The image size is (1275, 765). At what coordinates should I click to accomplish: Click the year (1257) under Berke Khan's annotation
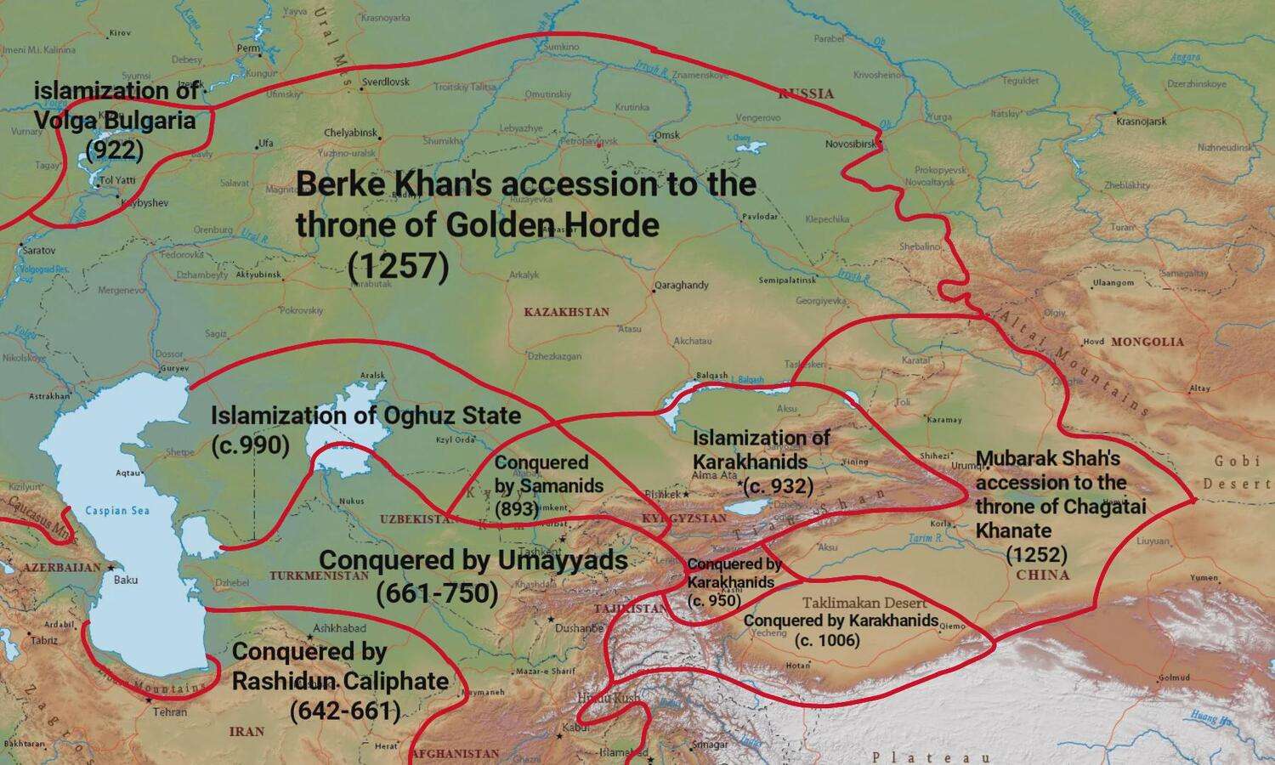tap(398, 267)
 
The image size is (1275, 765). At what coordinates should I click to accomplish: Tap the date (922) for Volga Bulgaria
tap(115, 150)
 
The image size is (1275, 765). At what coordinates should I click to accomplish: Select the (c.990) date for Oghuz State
tap(250, 445)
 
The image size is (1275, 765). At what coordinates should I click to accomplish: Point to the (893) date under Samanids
tap(517, 509)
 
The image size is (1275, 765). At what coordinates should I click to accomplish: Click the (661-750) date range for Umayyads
tap(437, 592)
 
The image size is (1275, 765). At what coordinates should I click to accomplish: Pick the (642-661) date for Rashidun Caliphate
tap(345, 711)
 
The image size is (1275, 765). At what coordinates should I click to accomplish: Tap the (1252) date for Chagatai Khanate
tap(1036, 555)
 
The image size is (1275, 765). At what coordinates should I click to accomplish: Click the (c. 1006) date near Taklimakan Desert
tap(827, 640)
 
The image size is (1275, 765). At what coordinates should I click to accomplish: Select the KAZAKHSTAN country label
tap(567, 312)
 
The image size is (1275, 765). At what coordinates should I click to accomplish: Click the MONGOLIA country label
tap(1147, 342)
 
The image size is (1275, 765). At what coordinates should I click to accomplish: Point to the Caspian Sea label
tap(117, 511)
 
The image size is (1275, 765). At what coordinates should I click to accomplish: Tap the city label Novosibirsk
tap(850, 144)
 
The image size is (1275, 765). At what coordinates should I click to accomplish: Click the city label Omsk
tap(667, 135)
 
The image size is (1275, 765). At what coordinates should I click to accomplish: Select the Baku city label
tap(126, 580)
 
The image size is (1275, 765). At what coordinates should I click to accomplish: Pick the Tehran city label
tap(170, 711)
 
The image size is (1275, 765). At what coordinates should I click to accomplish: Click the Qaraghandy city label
tap(682, 285)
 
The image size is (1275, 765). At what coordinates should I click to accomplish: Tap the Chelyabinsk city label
tap(350, 133)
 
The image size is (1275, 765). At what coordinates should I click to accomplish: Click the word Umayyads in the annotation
tap(558, 560)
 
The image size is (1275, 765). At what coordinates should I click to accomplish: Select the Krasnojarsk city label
tap(1142, 122)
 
